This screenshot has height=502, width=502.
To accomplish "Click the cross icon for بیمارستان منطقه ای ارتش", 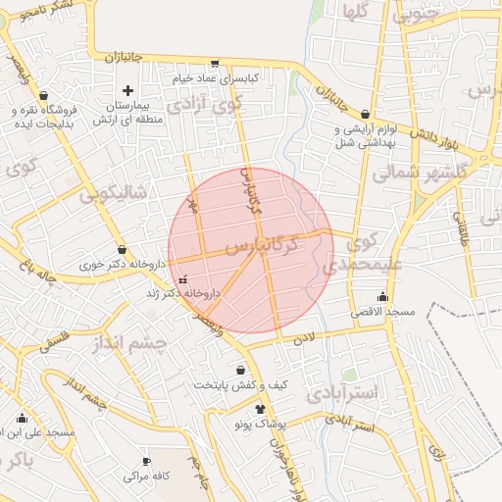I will click(x=127, y=91).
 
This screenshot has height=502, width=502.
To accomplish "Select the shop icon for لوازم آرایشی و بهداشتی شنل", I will click(x=366, y=115).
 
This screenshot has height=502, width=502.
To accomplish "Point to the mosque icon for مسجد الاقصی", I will click(x=382, y=297).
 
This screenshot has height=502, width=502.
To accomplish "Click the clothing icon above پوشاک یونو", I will click(x=260, y=409).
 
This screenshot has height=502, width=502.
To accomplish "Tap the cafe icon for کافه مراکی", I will click(x=147, y=461).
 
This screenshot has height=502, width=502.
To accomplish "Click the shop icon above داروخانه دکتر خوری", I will click(x=122, y=250).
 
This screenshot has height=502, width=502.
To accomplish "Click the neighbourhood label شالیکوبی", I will click(x=113, y=195).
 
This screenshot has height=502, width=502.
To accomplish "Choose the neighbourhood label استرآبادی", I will click(x=341, y=394).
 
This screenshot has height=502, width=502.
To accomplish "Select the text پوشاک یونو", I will click(x=260, y=425).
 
